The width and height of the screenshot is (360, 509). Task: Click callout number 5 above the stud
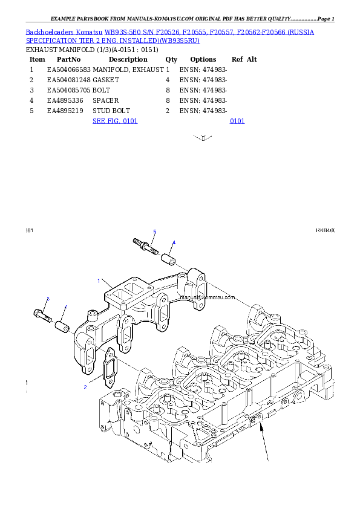(154, 232)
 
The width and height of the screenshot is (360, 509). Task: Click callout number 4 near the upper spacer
(174, 243)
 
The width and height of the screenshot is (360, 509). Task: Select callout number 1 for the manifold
(99, 280)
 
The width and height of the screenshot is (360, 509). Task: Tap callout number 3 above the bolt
(48, 299)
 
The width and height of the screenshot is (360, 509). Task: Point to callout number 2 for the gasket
(85, 385)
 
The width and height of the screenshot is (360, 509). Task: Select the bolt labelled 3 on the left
(42, 314)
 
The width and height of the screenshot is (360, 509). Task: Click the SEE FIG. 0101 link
(115, 121)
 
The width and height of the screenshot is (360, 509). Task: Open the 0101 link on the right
(237, 121)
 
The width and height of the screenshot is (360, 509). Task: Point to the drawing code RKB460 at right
(325, 230)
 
